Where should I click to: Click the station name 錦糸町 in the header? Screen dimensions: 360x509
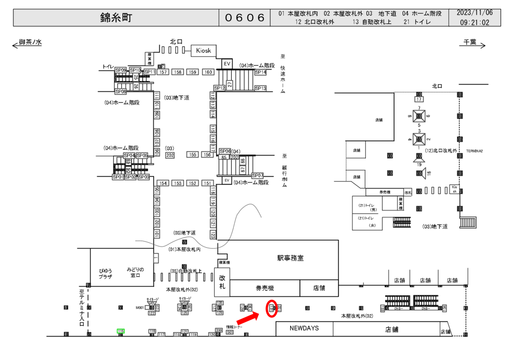pos(116,18)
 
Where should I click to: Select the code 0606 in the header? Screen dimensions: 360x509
pos(245,18)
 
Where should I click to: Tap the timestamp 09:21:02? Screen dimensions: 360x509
pos(475,22)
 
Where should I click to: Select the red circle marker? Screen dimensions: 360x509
pos(272,308)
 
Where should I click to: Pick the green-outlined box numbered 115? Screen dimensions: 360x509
pos(120,331)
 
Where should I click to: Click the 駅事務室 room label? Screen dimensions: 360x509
pos(290,258)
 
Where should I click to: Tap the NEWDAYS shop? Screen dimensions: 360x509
pos(304,328)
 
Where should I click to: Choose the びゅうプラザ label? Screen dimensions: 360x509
pos(105,272)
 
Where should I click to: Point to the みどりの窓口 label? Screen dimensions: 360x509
pos(135,272)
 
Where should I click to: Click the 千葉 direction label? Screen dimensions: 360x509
pos(470,43)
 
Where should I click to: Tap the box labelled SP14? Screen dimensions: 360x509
pos(260,73)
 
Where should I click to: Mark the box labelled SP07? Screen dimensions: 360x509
pos(257,176)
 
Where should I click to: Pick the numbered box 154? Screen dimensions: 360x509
pos(163,183)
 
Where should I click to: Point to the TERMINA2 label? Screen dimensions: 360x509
pos(474,151)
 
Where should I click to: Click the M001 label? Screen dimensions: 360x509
pos(140,308)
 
